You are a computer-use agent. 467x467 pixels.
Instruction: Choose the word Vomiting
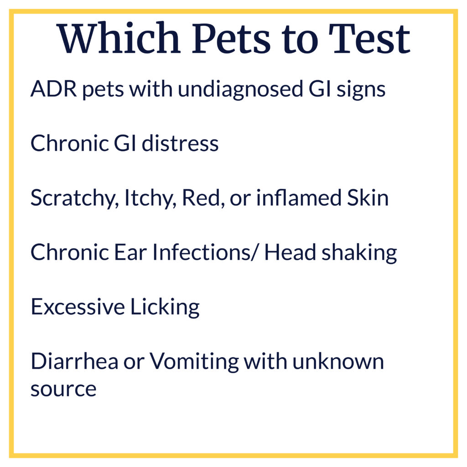194,362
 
